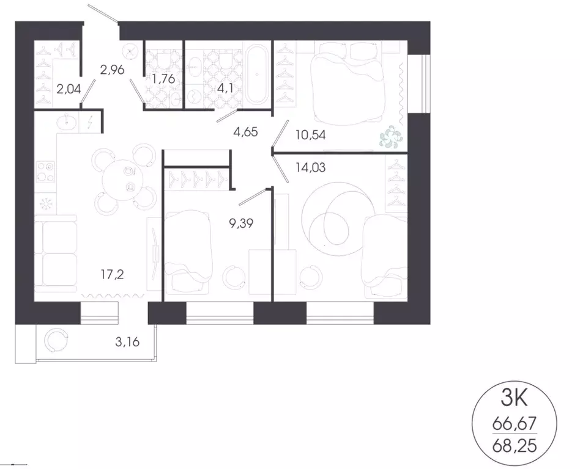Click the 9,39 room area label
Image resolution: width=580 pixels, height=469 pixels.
241,224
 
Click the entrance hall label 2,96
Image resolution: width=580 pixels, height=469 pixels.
112,70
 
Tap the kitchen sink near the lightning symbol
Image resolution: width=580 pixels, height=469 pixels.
66,123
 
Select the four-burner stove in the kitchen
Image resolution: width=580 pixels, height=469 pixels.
46,172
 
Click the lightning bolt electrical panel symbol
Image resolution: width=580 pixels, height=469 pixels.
91,123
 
